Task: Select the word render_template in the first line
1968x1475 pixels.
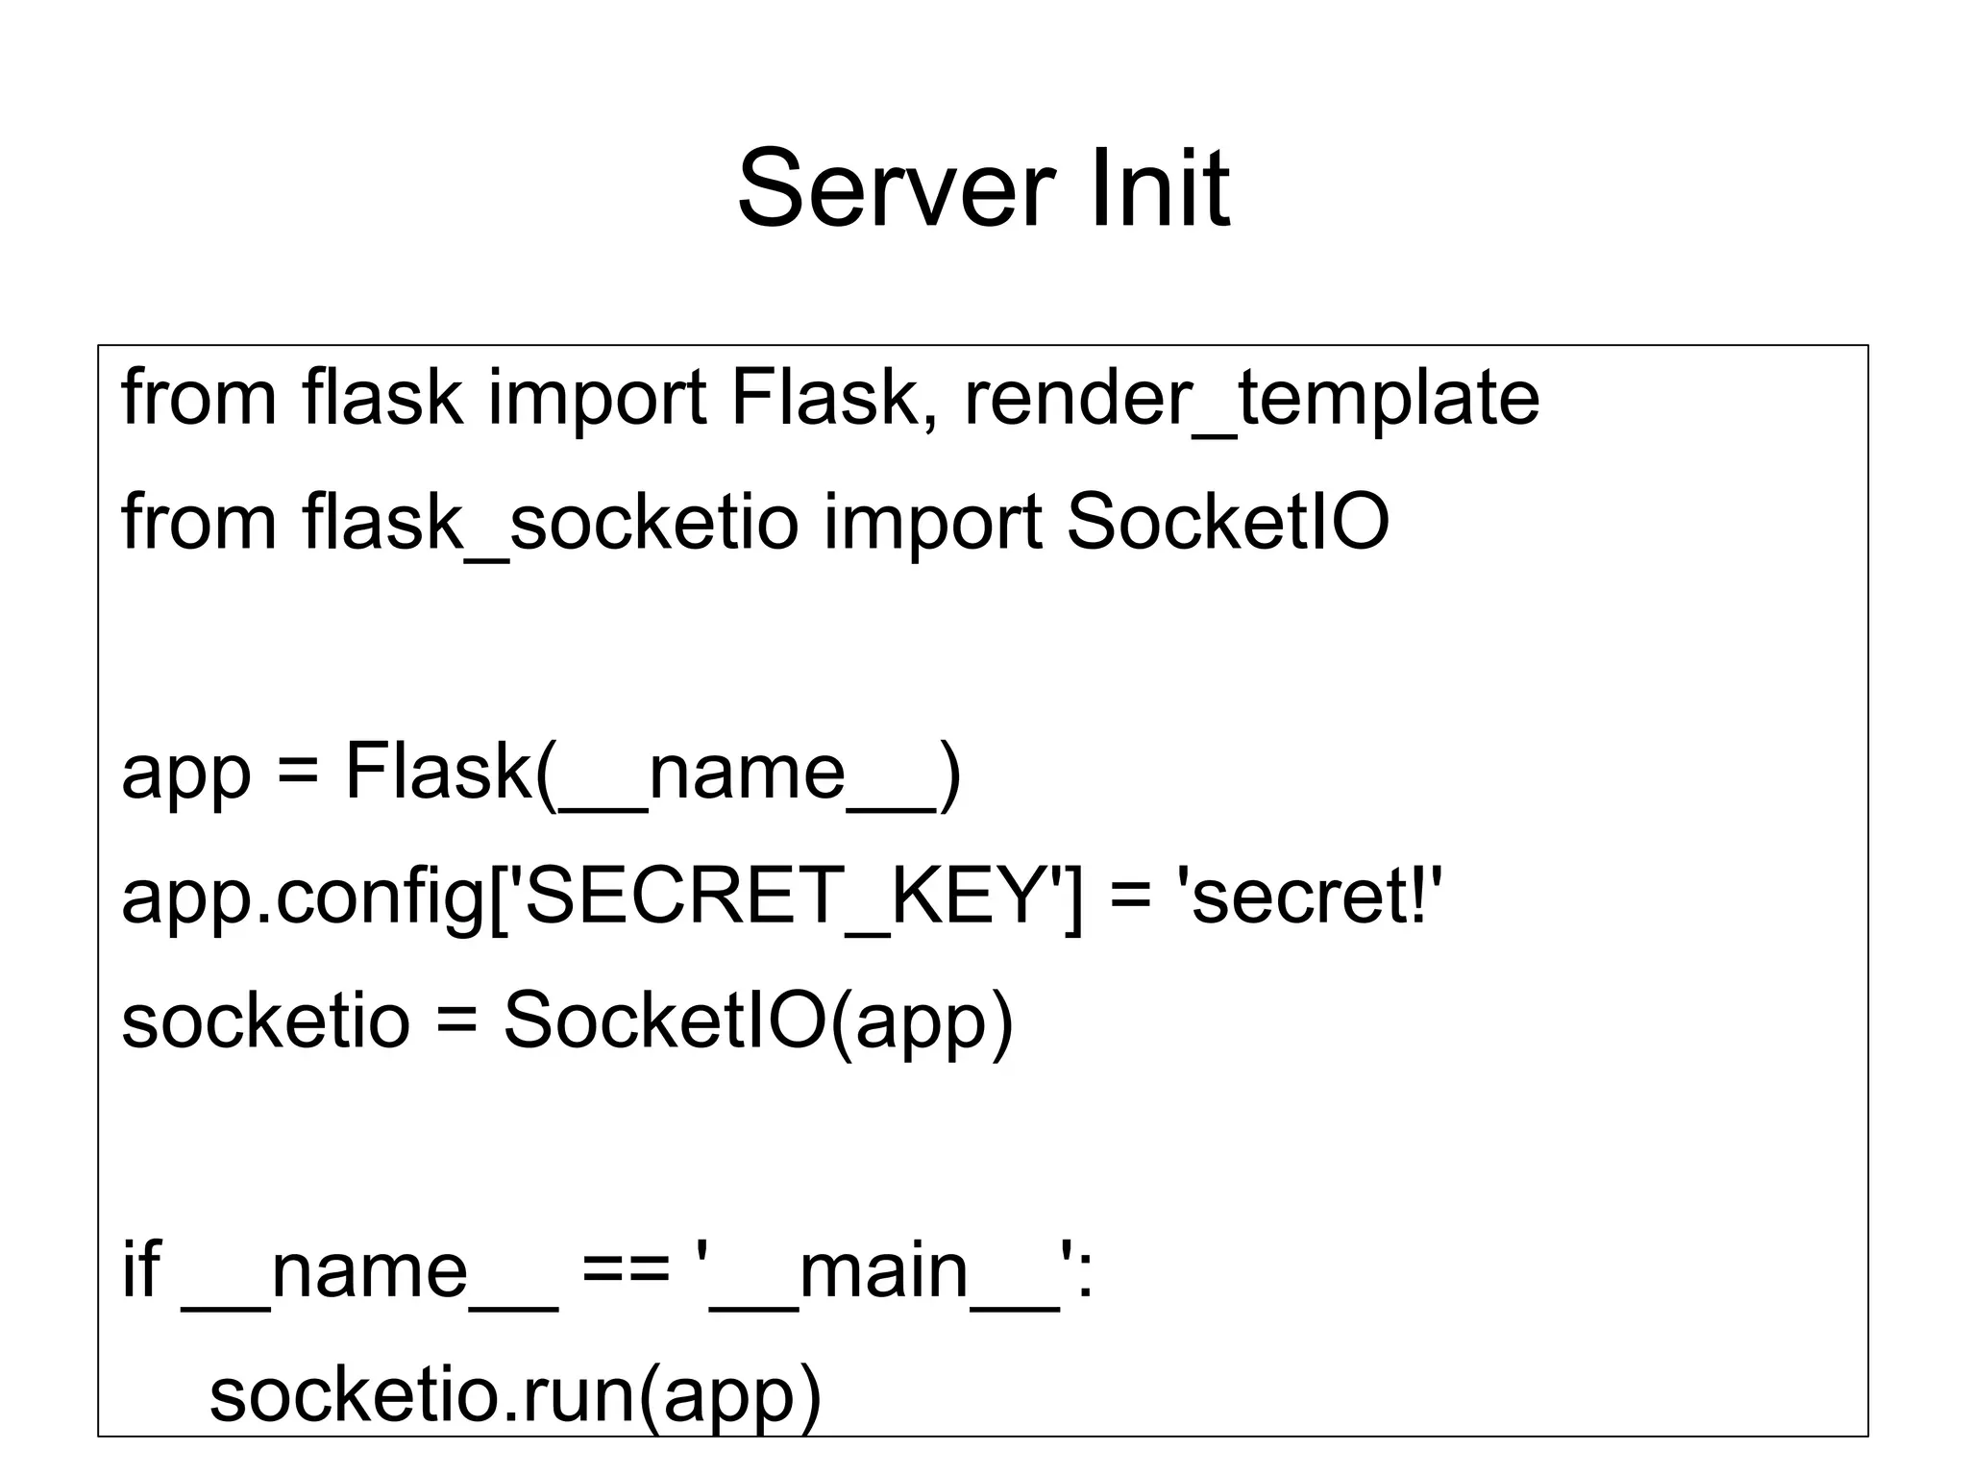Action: pyautogui.click(x=1251, y=399)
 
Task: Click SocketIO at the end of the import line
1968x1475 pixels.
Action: pyautogui.click(x=1227, y=522)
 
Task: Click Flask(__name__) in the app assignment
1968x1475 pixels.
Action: pyautogui.click(x=652, y=773)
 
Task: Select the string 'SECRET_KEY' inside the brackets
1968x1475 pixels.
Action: pyautogui.click(x=784, y=897)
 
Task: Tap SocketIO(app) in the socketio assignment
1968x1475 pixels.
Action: pyautogui.click(x=758, y=1021)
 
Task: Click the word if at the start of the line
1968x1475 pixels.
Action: pyautogui.click(x=140, y=1270)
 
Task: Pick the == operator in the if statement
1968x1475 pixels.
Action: pyautogui.click(x=626, y=1272)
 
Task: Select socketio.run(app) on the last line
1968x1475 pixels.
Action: pyautogui.click(x=515, y=1397)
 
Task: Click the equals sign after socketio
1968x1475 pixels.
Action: pyautogui.click(x=455, y=1022)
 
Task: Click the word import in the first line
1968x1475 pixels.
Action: pyautogui.click(x=597, y=399)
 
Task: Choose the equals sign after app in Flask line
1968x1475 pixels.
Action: pyautogui.click(x=297, y=774)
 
